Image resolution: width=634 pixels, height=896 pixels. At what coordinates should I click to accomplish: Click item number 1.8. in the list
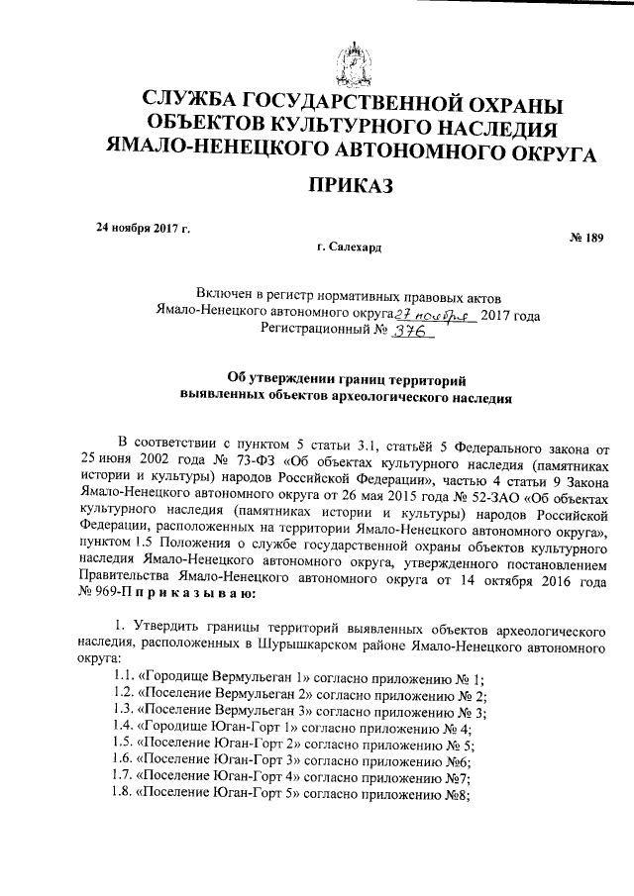tap(123, 795)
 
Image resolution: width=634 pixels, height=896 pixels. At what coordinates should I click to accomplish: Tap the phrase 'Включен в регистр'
tap(251, 296)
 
